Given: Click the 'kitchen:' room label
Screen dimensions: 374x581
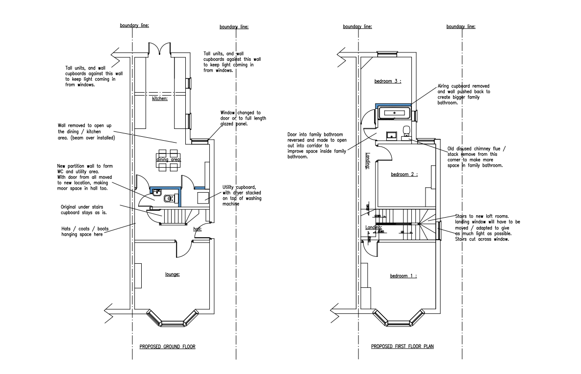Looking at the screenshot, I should (x=160, y=99).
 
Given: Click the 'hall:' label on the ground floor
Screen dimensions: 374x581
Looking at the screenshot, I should (x=198, y=229).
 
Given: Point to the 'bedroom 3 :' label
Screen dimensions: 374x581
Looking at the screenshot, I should (x=388, y=81).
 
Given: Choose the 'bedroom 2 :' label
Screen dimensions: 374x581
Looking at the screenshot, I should (x=404, y=174).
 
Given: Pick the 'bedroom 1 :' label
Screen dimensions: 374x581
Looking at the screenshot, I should (x=403, y=276).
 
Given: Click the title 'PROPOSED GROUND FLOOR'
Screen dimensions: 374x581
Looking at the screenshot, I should (x=167, y=347).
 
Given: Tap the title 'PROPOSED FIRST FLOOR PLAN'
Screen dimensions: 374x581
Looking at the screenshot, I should (x=402, y=347).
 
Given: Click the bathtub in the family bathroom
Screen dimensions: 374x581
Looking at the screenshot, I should (x=395, y=113).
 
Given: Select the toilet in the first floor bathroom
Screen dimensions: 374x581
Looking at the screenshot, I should (x=406, y=131).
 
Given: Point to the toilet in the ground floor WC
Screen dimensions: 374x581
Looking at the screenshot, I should (x=168, y=199).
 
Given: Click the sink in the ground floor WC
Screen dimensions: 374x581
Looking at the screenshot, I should (x=157, y=192).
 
